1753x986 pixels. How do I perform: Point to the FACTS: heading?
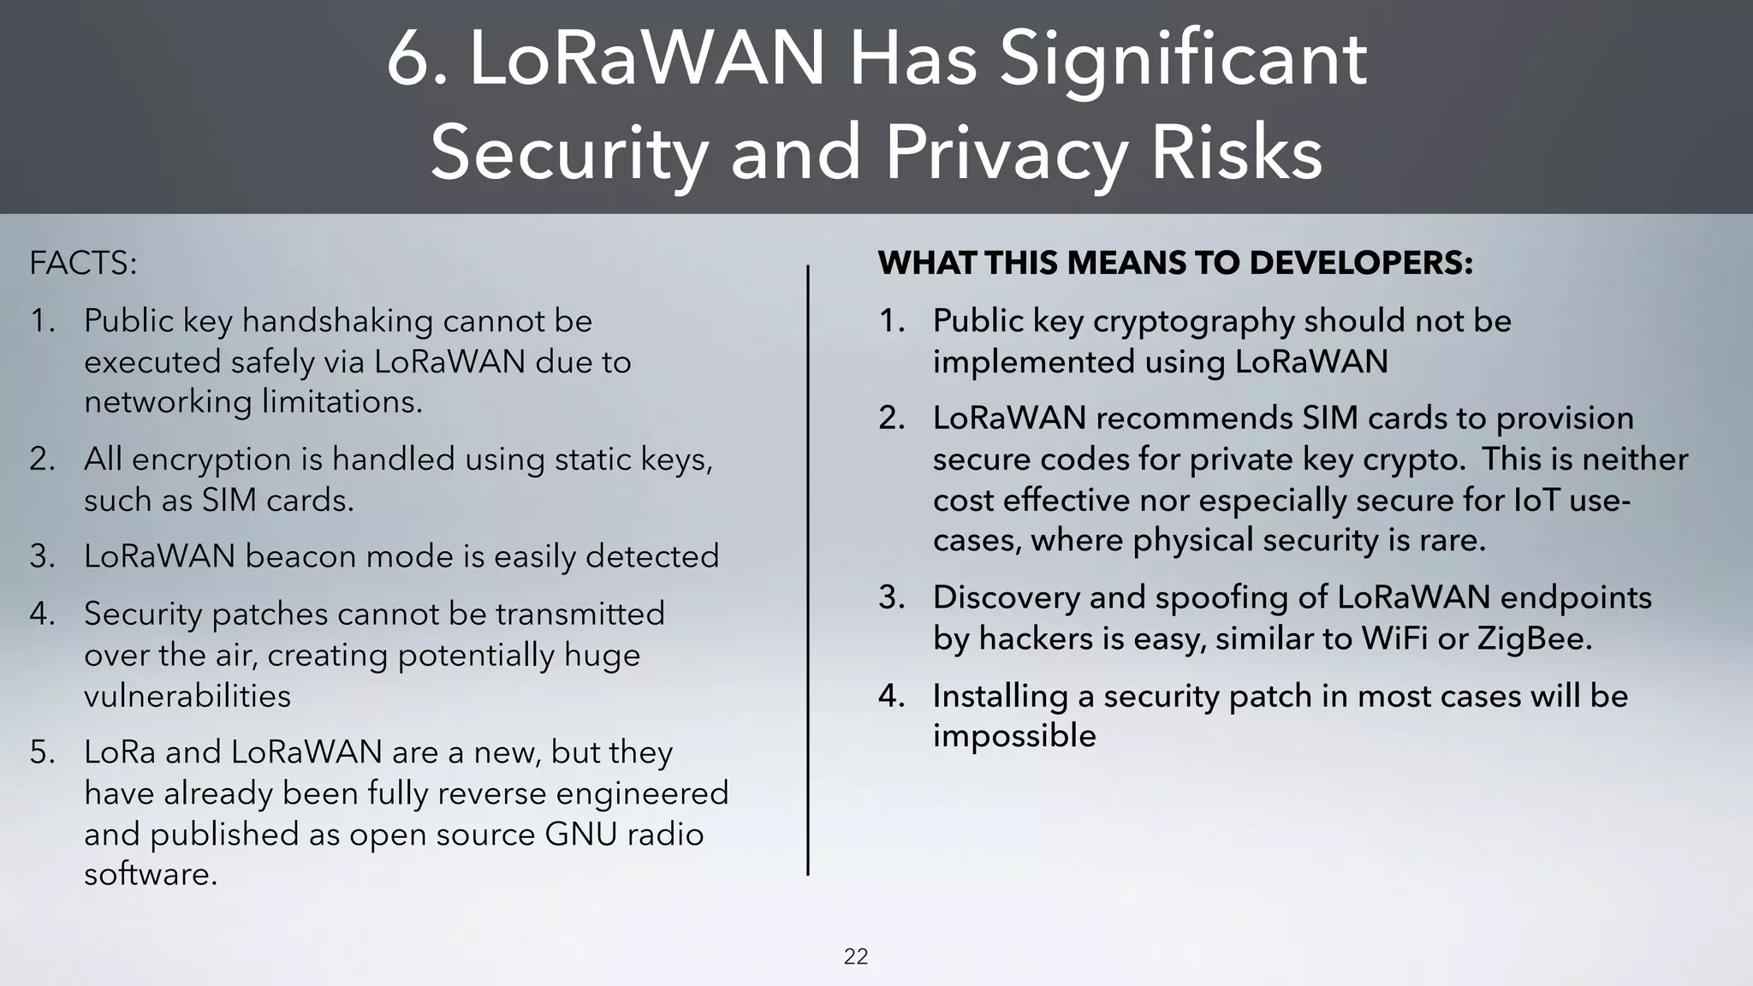pos(83,263)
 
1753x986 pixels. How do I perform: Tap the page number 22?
pos(856,957)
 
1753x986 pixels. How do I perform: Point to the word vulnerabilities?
pos(187,696)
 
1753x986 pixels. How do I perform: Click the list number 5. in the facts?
pos(43,752)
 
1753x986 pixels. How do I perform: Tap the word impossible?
pos(1014,736)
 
